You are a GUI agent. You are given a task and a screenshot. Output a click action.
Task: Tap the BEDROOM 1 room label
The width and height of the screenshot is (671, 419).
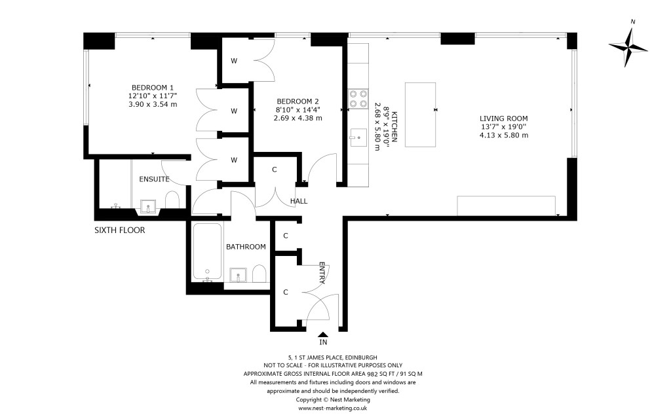coord(153,88)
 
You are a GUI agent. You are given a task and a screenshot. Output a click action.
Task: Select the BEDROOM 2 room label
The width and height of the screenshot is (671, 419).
coord(297,101)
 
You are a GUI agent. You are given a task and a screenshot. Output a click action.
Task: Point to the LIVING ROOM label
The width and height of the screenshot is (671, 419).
coord(503,118)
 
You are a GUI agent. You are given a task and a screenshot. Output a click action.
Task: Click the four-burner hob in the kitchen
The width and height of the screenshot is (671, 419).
coord(358,98)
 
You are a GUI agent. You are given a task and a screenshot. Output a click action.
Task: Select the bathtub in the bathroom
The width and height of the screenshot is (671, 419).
coord(206,251)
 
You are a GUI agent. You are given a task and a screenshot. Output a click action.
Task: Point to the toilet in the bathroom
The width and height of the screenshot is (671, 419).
coord(259,273)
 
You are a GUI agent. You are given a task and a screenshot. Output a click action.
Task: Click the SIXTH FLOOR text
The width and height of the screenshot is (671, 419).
coord(120,230)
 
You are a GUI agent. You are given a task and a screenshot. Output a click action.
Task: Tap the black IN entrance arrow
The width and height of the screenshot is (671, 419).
coord(323,335)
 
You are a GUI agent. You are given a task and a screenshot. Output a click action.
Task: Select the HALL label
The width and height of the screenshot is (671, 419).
coord(299,201)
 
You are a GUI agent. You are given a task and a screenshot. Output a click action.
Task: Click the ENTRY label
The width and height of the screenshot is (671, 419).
coord(322,274)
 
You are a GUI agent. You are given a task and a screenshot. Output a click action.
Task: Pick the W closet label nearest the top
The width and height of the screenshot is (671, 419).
coord(233,61)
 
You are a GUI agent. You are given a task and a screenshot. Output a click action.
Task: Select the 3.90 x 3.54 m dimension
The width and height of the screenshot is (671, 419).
coord(153,104)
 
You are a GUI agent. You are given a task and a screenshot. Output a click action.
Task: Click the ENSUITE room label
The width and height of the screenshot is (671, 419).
coord(154,179)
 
